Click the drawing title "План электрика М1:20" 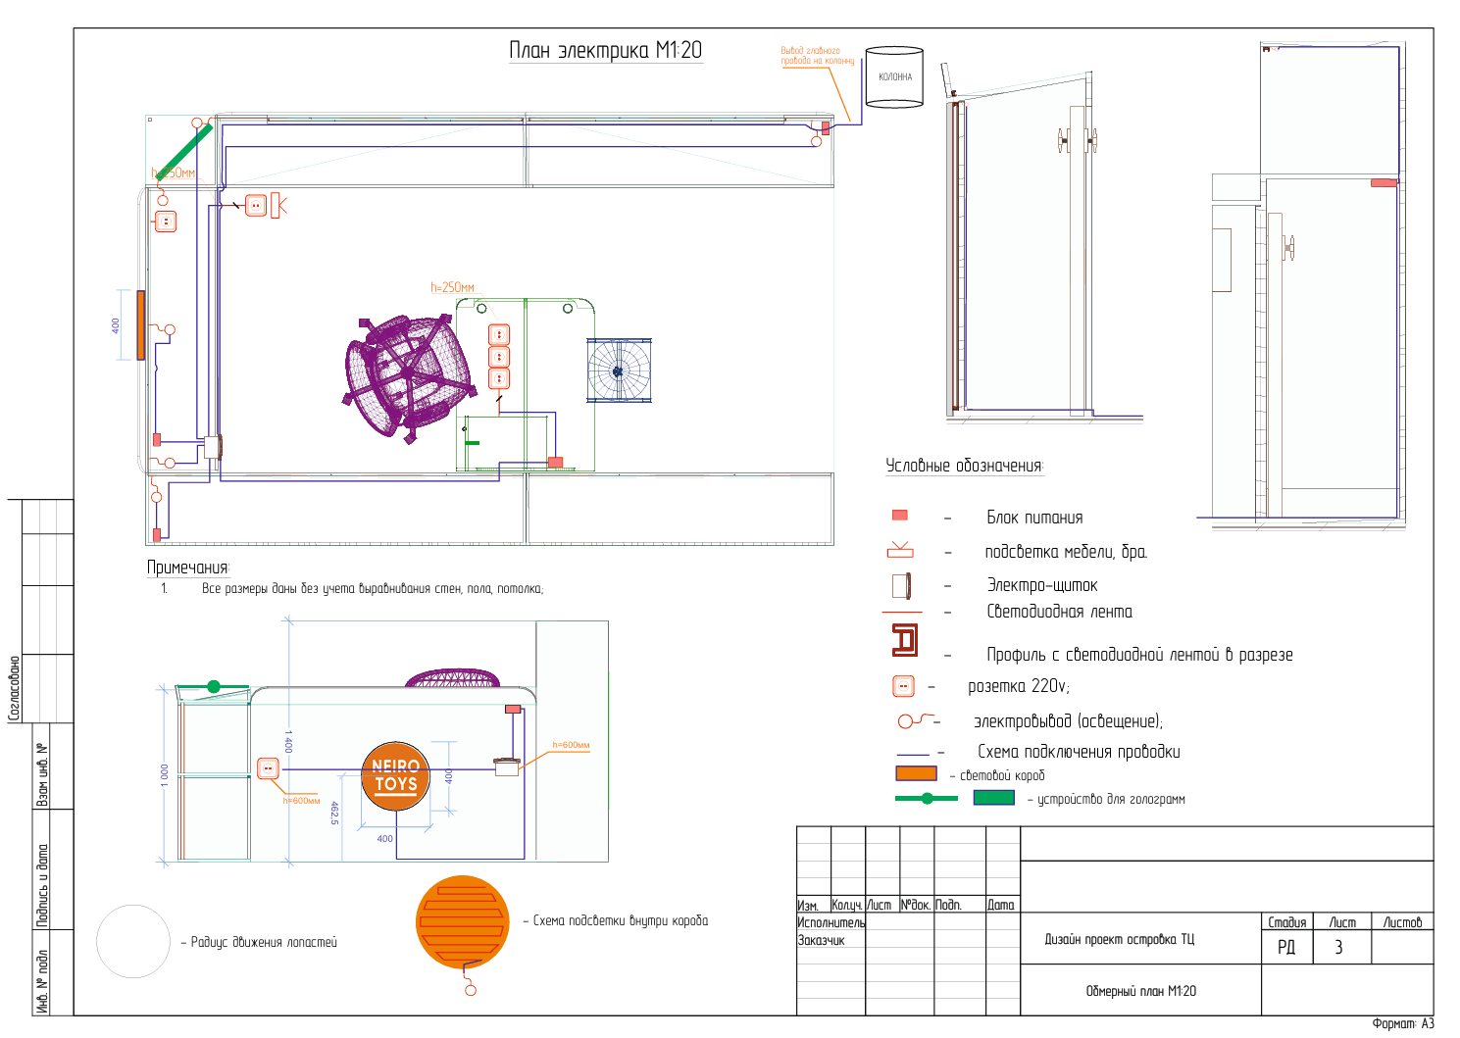click(x=605, y=51)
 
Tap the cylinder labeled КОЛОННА click(x=894, y=77)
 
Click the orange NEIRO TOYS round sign click(x=396, y=776)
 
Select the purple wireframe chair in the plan click(x=409, y=373)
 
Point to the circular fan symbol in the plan click(x=619, y=371)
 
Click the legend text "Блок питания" click(x=1034, y=518)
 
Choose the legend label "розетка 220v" click(x=1018, y=686)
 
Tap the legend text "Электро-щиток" click(x=1041, y=585)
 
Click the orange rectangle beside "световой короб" click(x=916, y=773)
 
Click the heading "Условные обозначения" click(x=964, y=466)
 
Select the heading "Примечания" click(x=187, y=568)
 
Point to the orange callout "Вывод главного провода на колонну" click(x=816, y=56)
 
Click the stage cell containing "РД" click(x=1285, y=947)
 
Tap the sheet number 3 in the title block click(x=1338, y=947)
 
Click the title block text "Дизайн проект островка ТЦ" click(x=1119, y=939)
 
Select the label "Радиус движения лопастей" click(x=264, y=942)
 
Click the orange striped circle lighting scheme click(x=463, y=922)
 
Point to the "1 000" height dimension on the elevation click(x=165, y=773)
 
